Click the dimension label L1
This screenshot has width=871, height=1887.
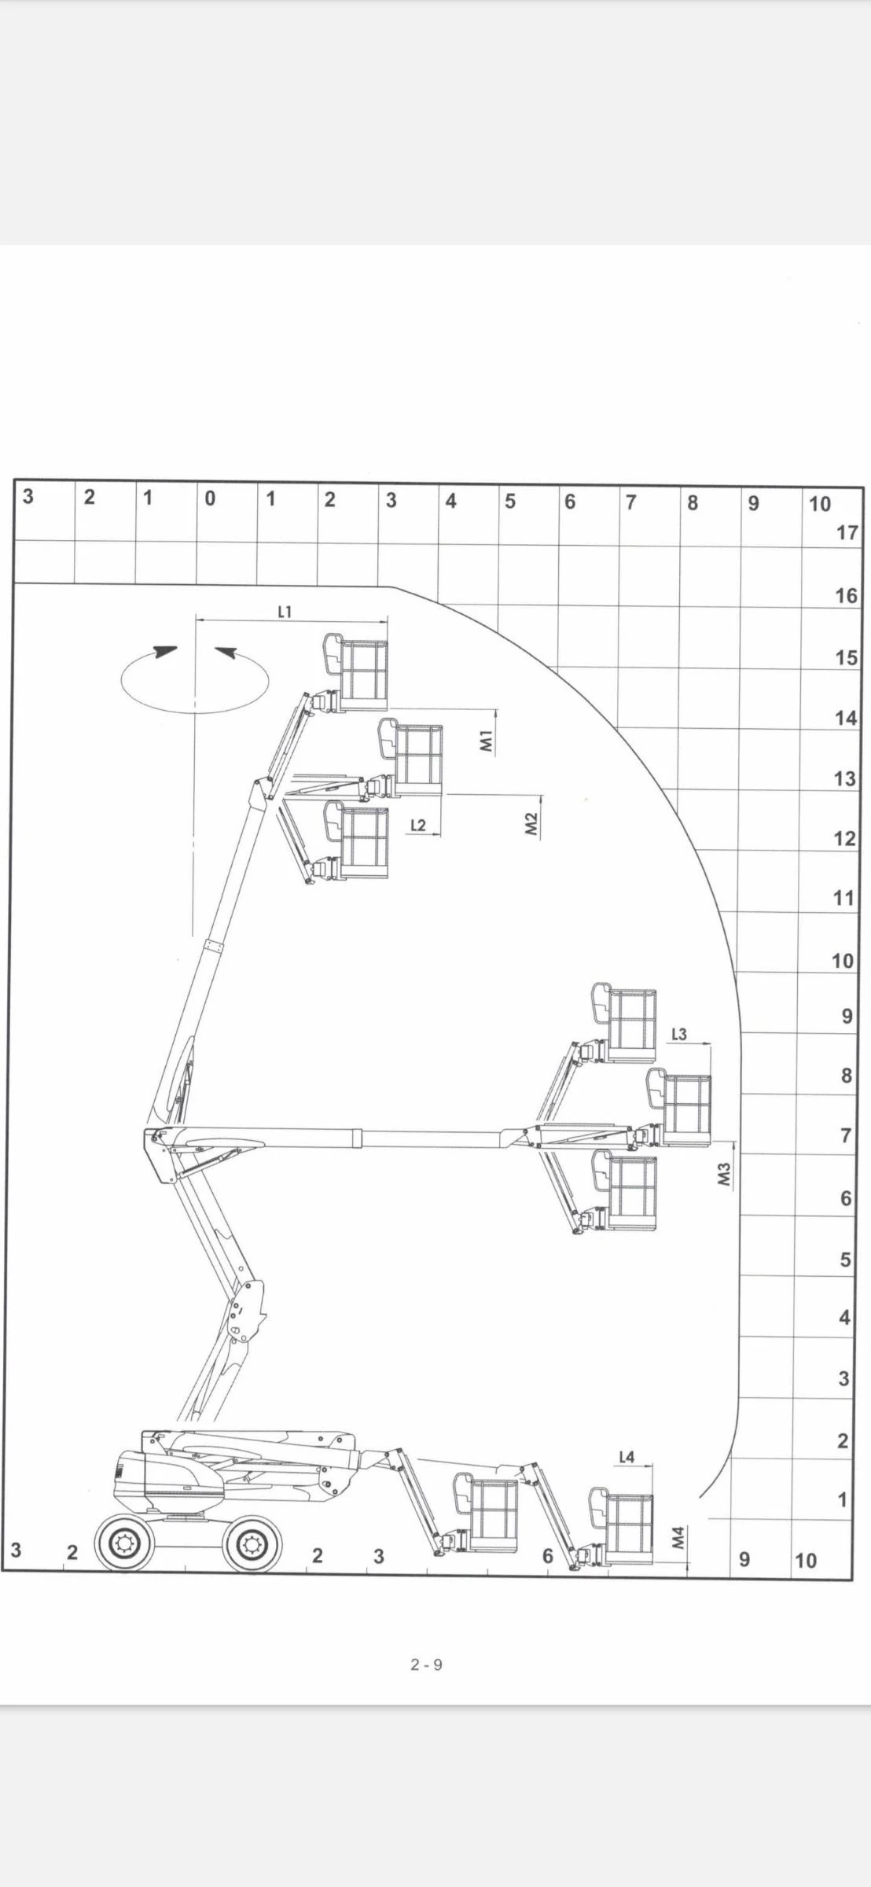click(285, 611)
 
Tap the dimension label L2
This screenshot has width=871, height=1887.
click(418, 825)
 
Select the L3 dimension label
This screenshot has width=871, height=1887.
click(679, 1034)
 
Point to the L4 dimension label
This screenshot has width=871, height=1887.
click(627, 1457)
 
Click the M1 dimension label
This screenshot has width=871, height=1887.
click(486, 740)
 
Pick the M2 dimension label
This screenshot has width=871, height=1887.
click(531, 824)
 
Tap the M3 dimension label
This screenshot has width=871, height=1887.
click(725, 1174)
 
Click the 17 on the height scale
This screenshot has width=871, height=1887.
click(847, 532)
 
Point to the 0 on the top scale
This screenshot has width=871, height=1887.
click(209, 498)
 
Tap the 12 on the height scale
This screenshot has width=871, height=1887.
click(845, 838)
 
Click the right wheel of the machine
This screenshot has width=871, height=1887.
click(252, 1545)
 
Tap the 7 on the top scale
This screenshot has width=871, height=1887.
click(630, 502)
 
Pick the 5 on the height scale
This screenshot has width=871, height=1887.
click(846, 1260)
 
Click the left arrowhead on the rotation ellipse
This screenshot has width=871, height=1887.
click(165, 652)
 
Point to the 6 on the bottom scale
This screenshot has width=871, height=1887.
click(548, 1556)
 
